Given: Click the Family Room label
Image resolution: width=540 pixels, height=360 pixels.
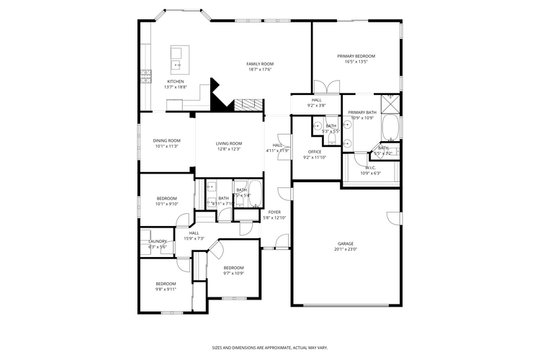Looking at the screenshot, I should tap(260, 63).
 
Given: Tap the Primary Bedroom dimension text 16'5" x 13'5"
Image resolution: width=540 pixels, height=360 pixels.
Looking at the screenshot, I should tap(356, 62).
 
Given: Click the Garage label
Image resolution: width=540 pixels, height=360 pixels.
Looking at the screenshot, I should tap(346, 243).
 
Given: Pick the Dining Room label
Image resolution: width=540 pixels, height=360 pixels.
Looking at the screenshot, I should tap(166, 140).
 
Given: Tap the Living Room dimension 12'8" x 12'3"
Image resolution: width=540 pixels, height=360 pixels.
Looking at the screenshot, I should tap(228, 149).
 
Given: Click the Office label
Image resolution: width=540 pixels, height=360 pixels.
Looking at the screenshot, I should tap(315, 151).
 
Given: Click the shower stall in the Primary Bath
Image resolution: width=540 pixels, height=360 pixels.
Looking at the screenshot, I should tap(391, 102).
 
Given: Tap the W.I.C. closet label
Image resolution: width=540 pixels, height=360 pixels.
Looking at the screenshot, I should tap(371, 168).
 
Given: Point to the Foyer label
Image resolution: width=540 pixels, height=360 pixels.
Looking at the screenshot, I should tap(274, 212).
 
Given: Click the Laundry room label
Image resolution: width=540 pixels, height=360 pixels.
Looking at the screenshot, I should tap(158, 241).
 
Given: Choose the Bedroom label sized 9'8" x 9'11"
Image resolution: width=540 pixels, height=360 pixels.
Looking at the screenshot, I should tap(166, 284).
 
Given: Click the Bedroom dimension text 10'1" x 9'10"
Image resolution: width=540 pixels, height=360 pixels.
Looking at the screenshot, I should tap(166, 204).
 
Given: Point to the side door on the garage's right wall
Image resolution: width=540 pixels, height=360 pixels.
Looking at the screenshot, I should tap(392, 218).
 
